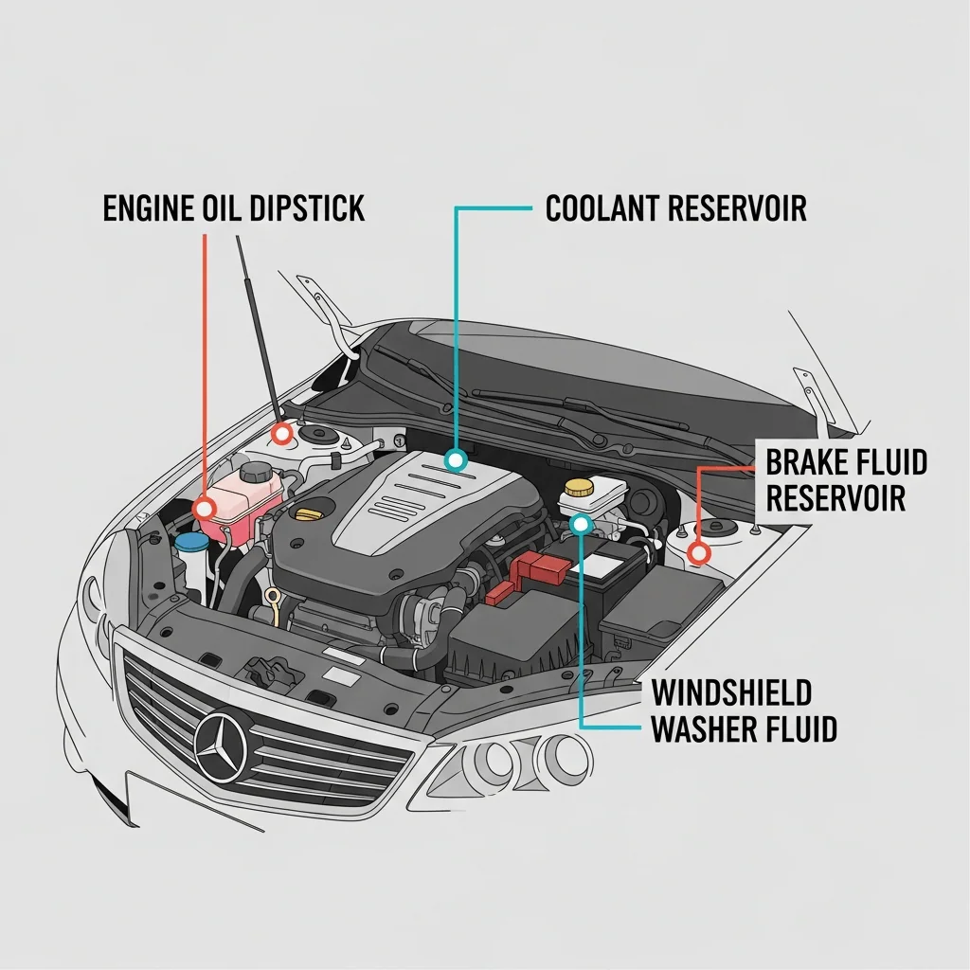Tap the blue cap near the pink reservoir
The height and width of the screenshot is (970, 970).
192,542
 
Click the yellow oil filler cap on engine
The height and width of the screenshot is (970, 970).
309,513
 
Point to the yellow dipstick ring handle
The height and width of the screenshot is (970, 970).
273,598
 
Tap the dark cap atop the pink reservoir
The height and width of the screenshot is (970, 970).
256,471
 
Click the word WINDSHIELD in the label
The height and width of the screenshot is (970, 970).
731,692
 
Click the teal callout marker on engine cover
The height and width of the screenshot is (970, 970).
457,461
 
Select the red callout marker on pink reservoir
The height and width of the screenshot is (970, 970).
205,510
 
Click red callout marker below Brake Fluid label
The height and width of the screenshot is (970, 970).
699,552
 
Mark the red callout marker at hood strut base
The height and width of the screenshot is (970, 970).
281,435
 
